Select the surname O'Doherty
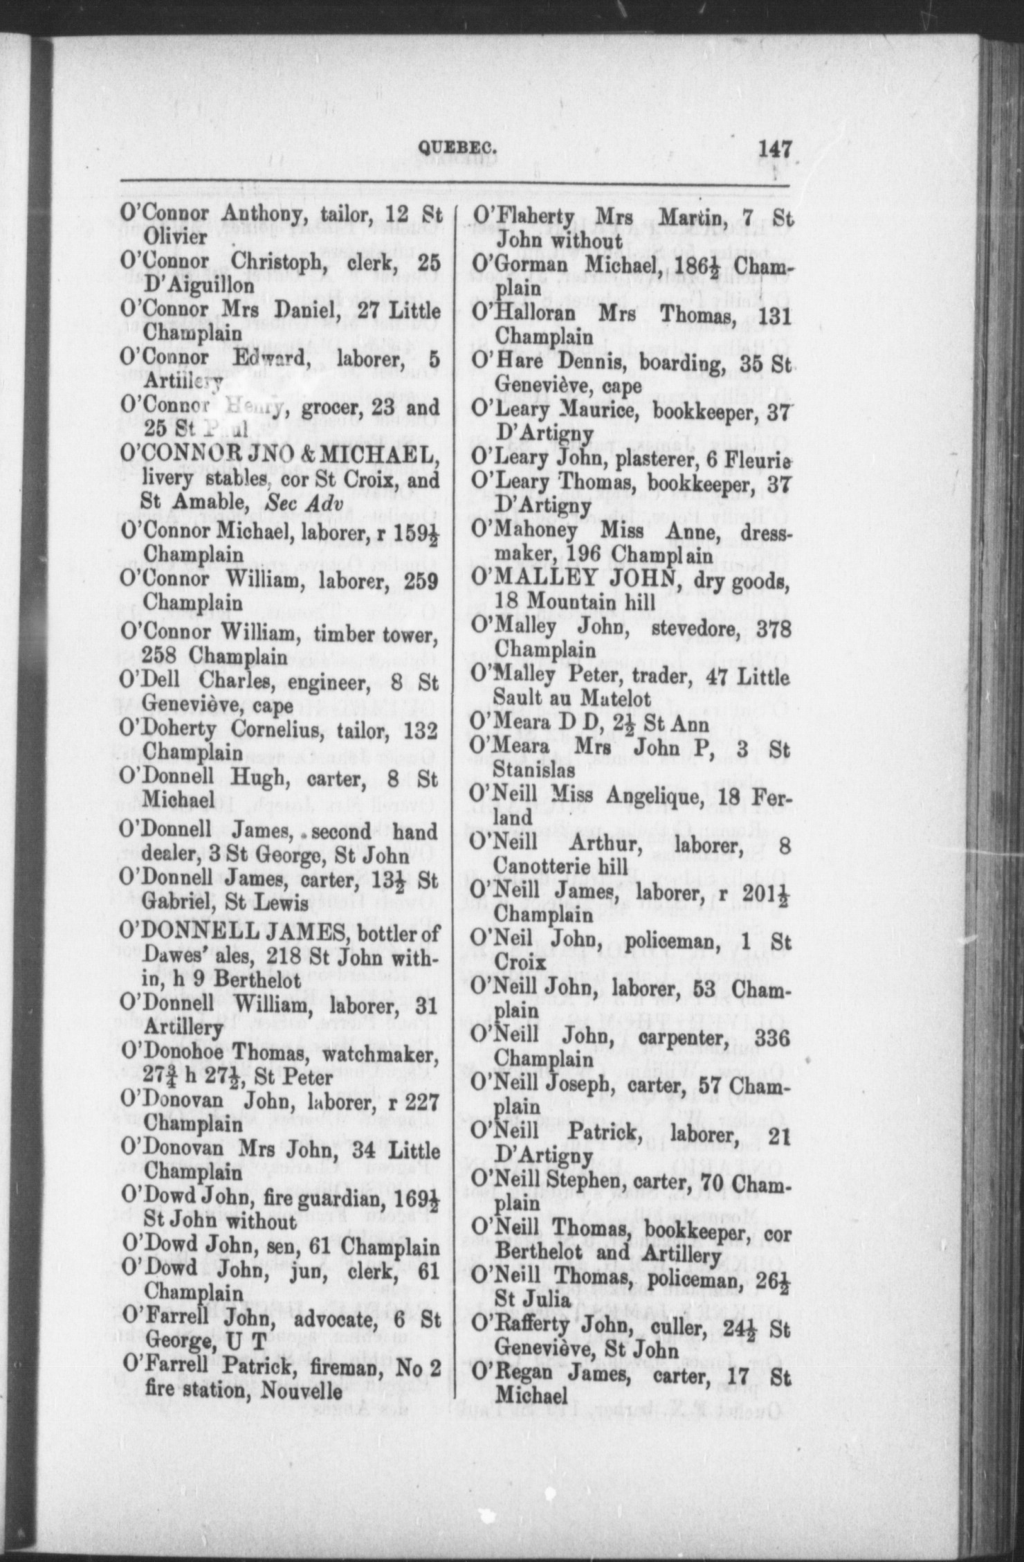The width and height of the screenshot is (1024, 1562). coord(172,731)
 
